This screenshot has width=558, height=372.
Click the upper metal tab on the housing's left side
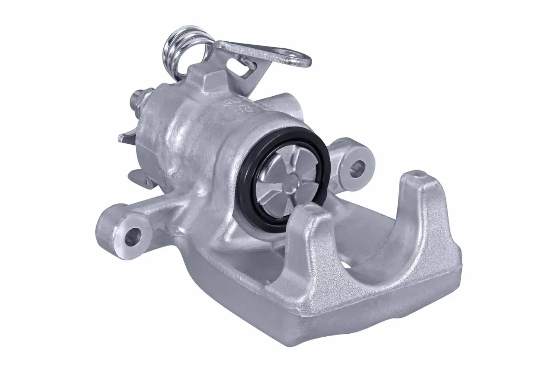click(x=126, y=138)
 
